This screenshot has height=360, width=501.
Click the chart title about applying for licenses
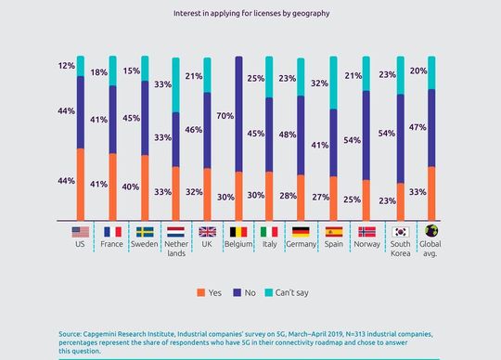point(250,14)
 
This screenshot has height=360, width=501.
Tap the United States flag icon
point(80,232)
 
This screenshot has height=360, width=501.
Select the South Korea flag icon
point(401,232)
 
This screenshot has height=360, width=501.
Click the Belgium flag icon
point(238,232)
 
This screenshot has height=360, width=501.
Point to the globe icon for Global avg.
point(431,232)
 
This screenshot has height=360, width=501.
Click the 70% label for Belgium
point(224,118)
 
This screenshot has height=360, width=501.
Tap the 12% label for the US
point(66,66)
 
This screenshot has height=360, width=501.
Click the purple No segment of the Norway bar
point(367,135)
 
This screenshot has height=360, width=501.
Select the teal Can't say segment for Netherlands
point(175,84)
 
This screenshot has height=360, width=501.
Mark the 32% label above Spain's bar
point(317,83)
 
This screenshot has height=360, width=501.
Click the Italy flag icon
point(269,232)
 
